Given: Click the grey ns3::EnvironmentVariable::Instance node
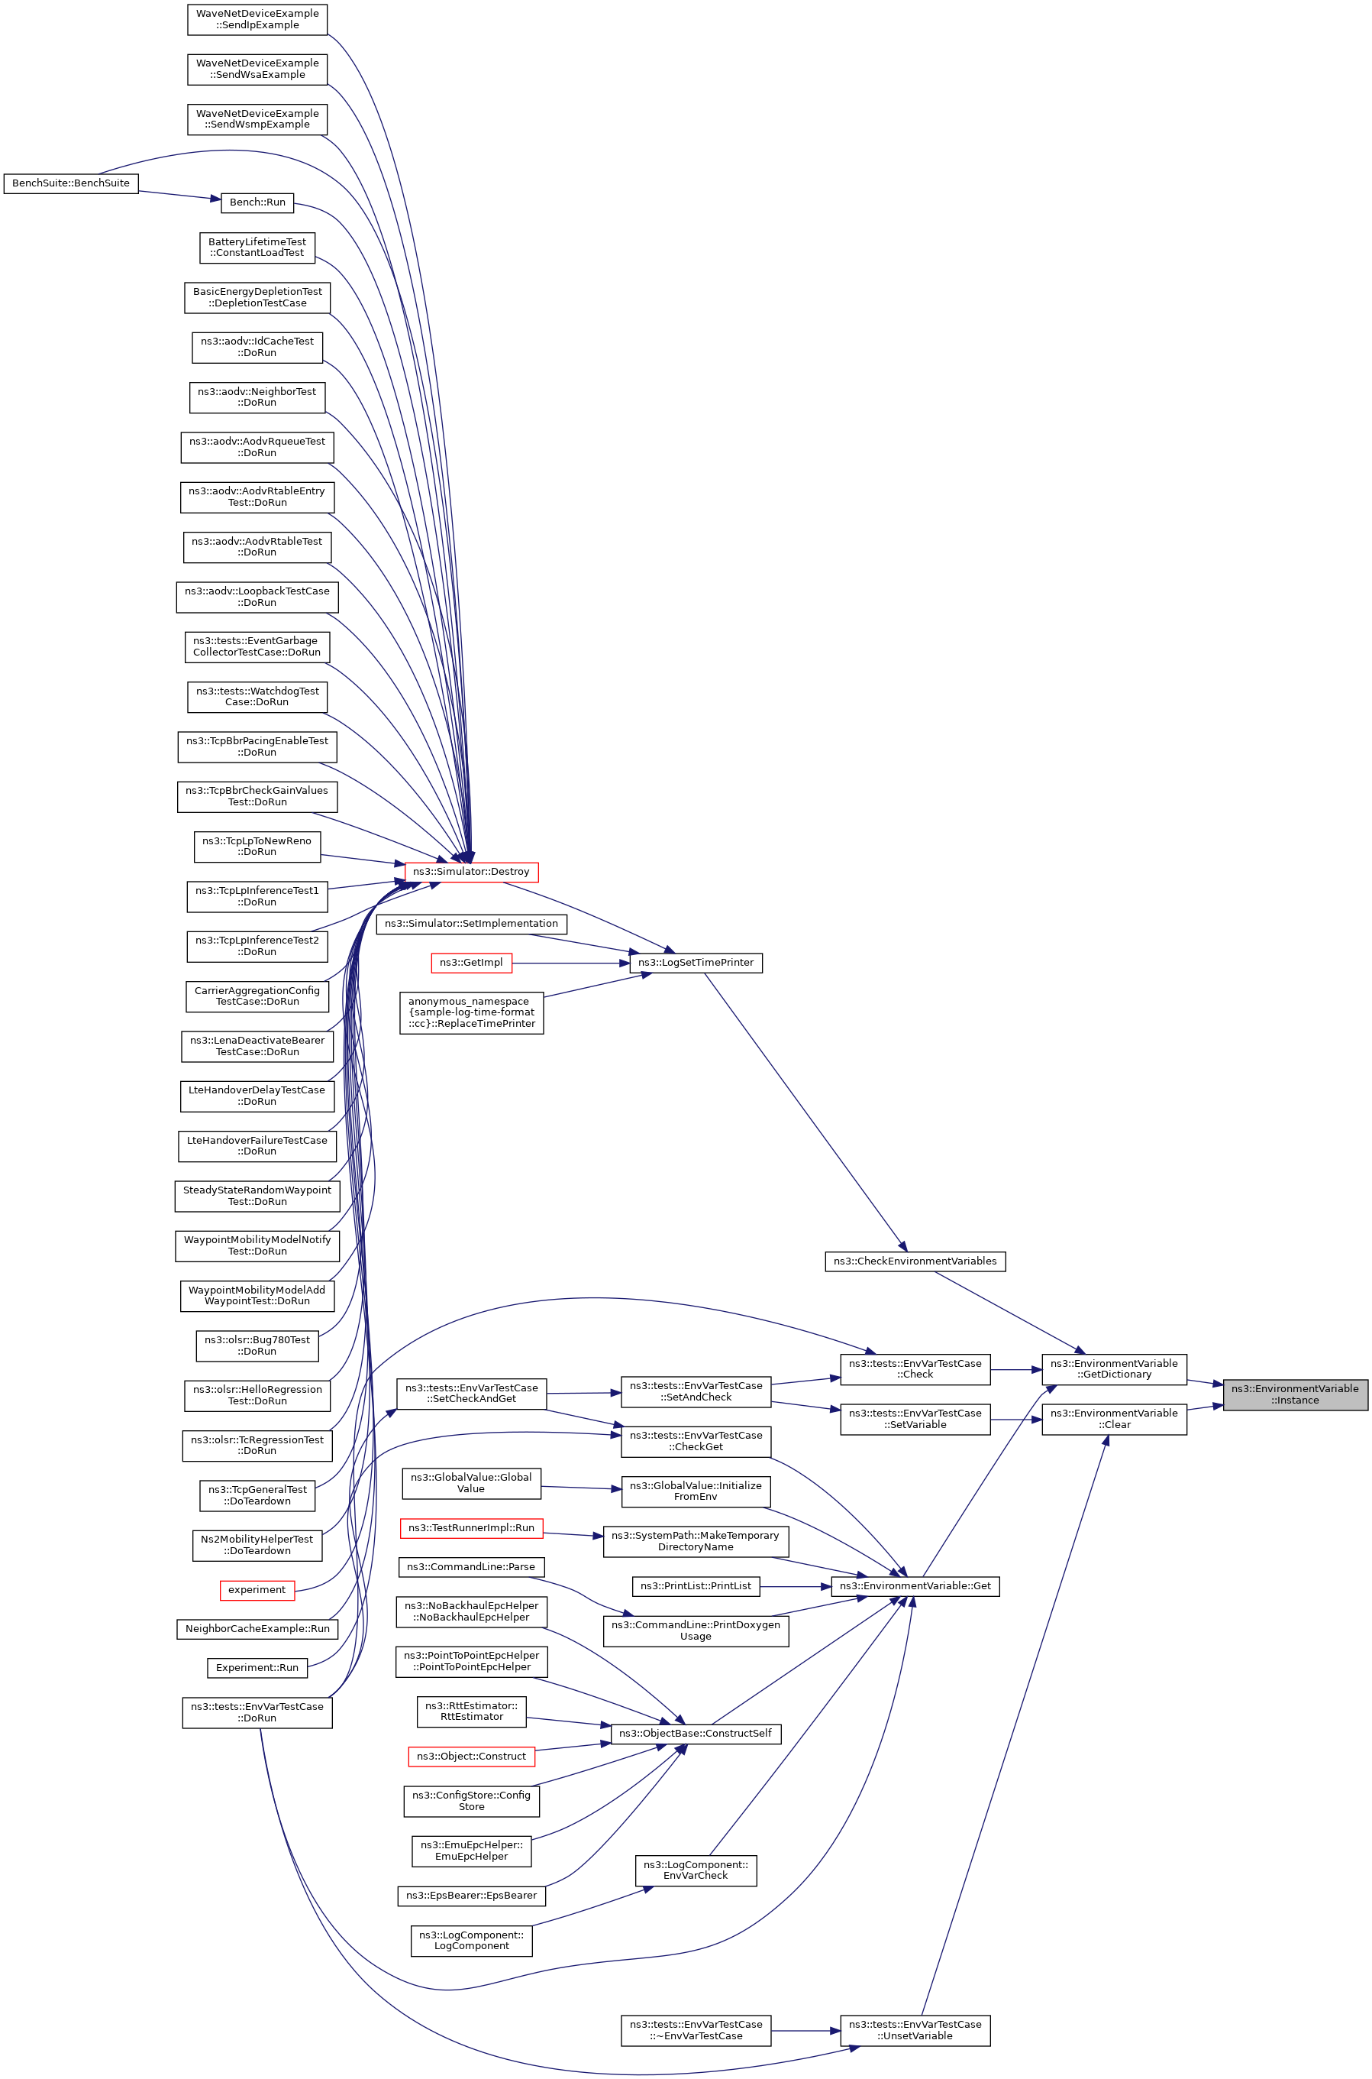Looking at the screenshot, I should tap(1294, 1394).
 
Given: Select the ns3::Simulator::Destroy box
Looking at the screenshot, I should tap(471, 872).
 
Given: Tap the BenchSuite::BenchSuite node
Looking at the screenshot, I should tap(71, 183).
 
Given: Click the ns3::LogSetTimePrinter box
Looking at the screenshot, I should tap(696, 962).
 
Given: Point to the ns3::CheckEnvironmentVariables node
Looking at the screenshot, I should tap(915, 1261).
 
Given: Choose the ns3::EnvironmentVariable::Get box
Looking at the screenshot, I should tap(915, 1586).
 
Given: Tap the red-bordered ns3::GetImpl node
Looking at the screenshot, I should tap(471, 962).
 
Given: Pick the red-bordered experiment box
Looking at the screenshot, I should tap(257, 1590).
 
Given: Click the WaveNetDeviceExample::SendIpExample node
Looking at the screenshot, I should tap(257, 19).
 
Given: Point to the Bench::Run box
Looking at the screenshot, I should tap(257, 202).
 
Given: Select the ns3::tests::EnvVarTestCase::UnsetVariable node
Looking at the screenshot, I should tap(915, 2030).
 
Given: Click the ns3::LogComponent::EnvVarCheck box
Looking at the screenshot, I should tap(696, 1870).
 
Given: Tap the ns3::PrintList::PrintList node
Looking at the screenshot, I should tap(696, 1586).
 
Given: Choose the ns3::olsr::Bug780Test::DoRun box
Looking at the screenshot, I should tap(257, 1346).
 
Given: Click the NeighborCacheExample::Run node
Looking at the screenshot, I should tap(257, 1629).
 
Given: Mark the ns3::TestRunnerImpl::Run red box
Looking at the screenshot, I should tap(471, 1528).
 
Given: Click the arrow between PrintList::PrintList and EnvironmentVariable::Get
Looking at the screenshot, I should tap(795, 1586).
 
